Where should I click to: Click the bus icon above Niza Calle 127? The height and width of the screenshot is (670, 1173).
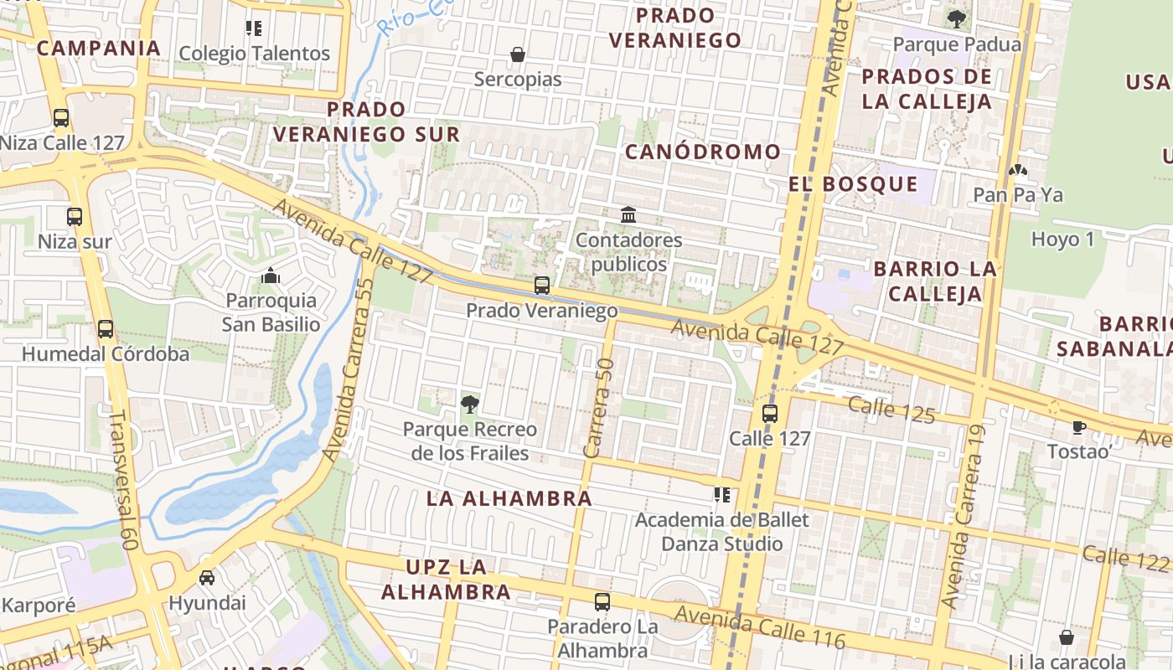pyautogui.click(x=61, y=118)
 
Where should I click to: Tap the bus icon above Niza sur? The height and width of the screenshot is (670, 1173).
pyautogui.click(x=75, y=217)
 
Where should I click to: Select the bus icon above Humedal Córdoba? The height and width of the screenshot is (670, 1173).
pyautogui.click(x=106, y=329)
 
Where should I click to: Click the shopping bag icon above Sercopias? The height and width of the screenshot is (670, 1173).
pyautogui.click(x=518, y=54)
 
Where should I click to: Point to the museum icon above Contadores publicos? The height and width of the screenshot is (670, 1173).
pyautogui.click(x=628, y=215)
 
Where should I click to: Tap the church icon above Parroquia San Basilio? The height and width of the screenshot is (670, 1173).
pyautogui.click(x=270, y=275)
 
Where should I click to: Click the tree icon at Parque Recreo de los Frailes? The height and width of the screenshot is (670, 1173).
pyautogui.click(x=469, y=405)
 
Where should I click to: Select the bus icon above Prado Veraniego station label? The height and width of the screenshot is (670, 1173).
pyautogui.click(x=542, y=286)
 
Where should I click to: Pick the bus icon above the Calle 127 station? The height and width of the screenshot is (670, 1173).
pyautogui.click(x=769, y=413)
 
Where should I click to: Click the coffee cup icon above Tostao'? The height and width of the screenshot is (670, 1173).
pyautogui.click(x=1079, y=427)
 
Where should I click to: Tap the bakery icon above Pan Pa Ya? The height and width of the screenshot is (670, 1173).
pyautogui.click(x=1018, y=171)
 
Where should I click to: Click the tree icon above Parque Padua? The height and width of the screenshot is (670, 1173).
pyautogui.click(x=956, y=18)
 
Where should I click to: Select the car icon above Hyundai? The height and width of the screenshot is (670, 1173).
pyautogui.click(x=207, y=578)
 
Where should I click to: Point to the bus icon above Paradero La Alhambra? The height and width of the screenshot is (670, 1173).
pyautogui.click(x=602, y=601)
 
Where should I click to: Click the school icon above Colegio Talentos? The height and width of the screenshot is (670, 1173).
pyautogui.click(x=255, y=28)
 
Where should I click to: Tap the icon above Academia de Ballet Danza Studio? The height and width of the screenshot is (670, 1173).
pyautogui.click(x=721, y=495)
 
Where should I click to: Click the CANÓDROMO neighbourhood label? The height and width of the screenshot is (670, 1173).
pyautogui.click(x=703, y=152)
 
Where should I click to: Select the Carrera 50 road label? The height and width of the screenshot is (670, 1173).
pyautogui.click(x=599, y=408)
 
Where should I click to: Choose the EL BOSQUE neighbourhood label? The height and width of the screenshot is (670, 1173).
pyautogui.click(x=853, y=184)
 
